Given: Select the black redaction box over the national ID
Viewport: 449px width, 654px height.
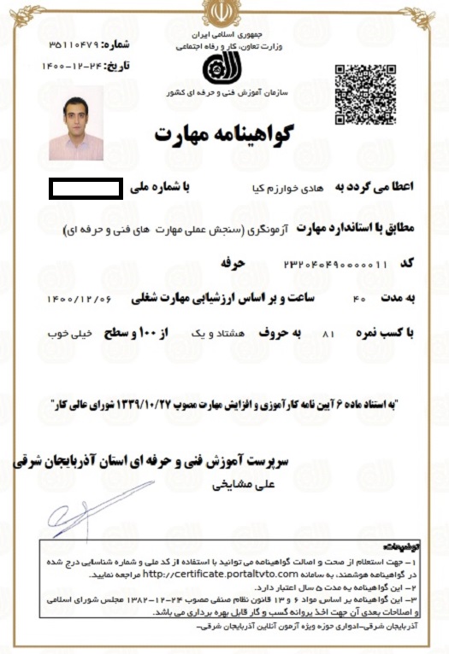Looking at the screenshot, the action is [x=86, y=186].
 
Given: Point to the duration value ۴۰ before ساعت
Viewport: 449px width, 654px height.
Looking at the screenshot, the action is [x=359, y=299].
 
